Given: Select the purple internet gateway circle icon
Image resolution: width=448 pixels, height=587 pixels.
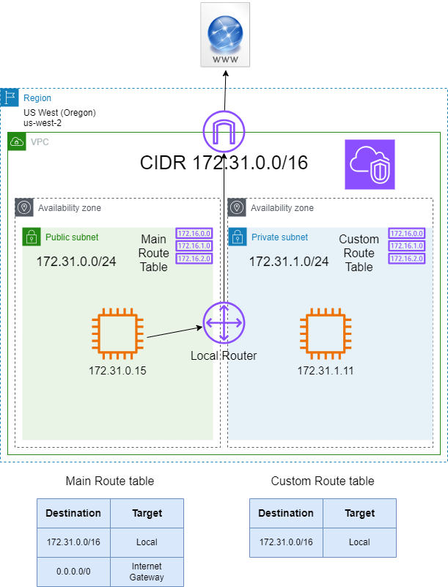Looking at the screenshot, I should click(x=224, y=132).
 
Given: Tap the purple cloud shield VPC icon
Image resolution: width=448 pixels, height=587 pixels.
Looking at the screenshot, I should click(x=370, y=164).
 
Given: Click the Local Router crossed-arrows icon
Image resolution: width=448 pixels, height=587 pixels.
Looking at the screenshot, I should click(x=224, y=322).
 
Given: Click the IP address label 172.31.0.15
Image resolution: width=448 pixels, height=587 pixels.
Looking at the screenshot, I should click(x=117, y=370).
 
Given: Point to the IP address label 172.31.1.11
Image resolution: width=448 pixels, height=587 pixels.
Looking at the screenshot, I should click(x=326, y=370).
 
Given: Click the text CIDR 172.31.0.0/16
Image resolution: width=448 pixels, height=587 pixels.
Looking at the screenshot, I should click(x=224, y=163).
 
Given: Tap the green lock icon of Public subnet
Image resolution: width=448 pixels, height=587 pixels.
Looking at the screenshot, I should click(x=31, y=237).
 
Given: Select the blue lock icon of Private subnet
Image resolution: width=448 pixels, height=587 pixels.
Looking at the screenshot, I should click(x=237, y=237).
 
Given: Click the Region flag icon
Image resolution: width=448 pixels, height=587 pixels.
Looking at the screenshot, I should click(x=10, y=97).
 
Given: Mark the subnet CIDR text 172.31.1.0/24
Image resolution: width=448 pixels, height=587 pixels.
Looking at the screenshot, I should click(x=288, y=261).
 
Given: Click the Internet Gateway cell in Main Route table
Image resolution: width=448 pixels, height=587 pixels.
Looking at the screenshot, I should click(x=147, y=571).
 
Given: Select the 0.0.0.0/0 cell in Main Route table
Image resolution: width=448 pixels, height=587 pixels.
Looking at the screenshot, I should click(x=74, y=571).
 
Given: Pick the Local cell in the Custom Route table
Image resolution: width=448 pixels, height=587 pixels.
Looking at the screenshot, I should click(x=359, y=542).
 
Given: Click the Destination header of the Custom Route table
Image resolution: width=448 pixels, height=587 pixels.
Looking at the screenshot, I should click(x=286, y=513).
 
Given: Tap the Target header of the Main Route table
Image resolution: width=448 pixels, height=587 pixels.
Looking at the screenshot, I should click(x=147, y=513).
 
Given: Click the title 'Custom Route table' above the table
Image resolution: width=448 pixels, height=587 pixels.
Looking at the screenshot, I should click(x=323, y=481).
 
